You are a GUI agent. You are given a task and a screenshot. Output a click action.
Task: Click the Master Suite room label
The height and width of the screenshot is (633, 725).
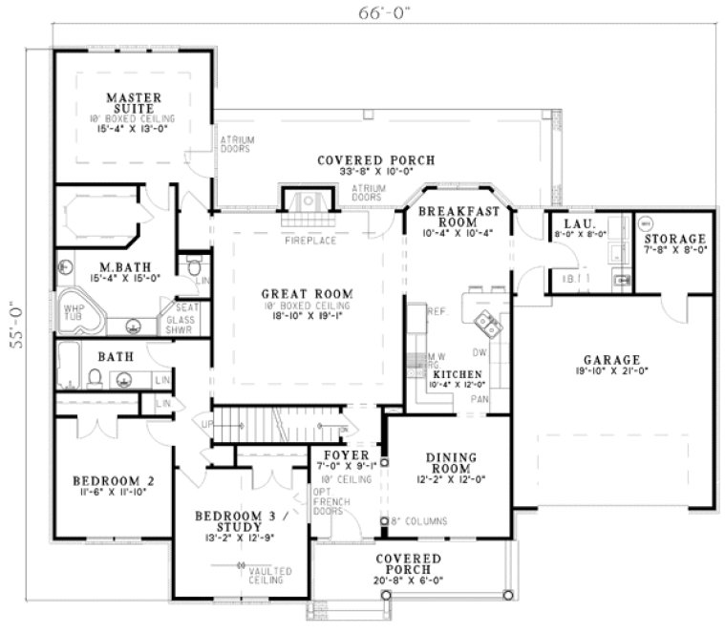pos(133,103)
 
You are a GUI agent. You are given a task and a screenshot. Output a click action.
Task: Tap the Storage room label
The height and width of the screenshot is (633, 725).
pos(673,239)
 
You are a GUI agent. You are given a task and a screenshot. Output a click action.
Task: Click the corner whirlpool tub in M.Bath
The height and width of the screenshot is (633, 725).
pos(78,316)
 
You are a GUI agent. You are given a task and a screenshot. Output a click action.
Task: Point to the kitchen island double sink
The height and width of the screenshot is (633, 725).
pos(491,327)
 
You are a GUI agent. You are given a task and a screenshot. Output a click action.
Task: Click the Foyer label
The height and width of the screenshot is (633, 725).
pos(339,455)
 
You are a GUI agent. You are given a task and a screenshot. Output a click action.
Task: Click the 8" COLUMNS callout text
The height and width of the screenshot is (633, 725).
pos(424,521)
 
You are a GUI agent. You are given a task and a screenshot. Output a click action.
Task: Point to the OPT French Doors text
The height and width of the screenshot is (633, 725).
pos(327,501)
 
